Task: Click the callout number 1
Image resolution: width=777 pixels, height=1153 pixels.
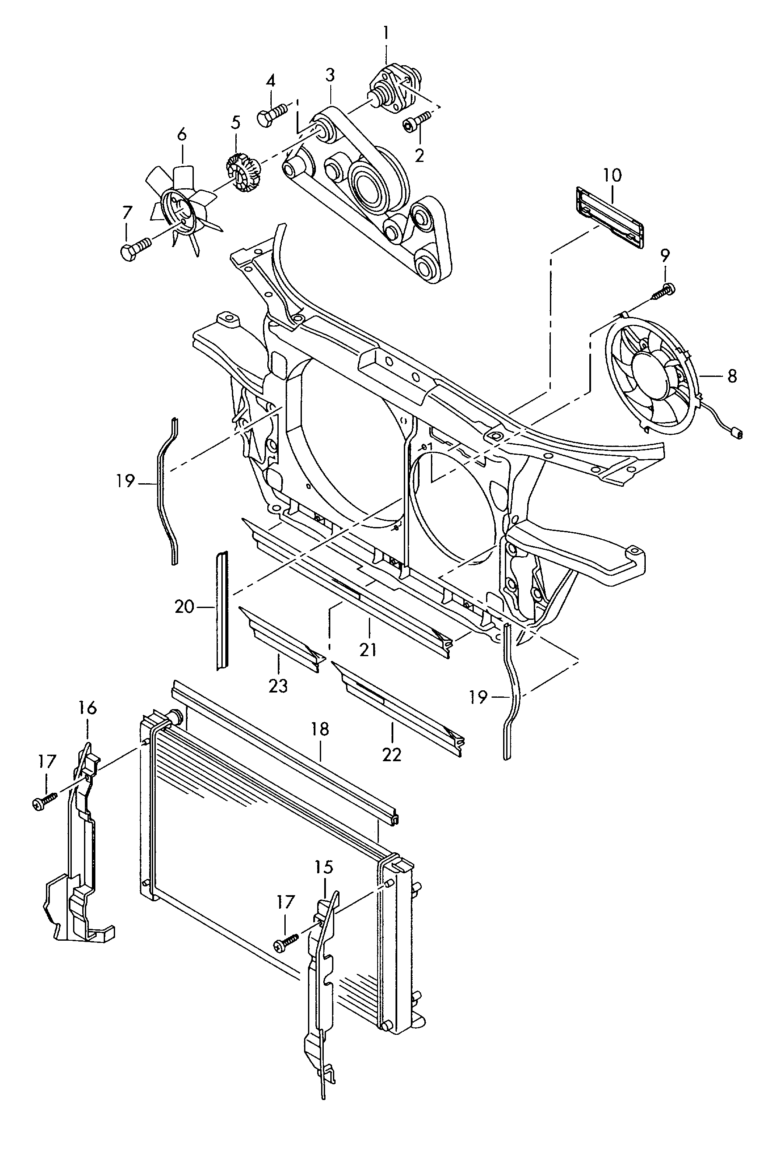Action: pyautogui.click(x=386, y=33)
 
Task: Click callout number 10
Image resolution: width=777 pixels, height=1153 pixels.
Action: pyautogui.click(x=612, y=176)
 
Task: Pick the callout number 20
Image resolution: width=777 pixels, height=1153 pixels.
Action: pyautogui.click(x=184, y=606)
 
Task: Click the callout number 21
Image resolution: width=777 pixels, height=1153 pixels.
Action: pyautogui.click(x=368, y=649)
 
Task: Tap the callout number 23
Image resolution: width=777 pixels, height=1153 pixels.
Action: pyautogui.click(x=278, y=685)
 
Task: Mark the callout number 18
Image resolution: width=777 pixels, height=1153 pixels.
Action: pyautogui.click(x=320, y=729)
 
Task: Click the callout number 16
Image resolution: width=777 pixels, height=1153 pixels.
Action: pyautogui.click(x=87, y=708)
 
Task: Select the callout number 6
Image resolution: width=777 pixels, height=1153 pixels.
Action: pyautogui.click(x=182, y=134)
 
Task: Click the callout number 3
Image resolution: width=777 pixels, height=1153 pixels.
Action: pyautogui.click(x=330, y=75)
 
